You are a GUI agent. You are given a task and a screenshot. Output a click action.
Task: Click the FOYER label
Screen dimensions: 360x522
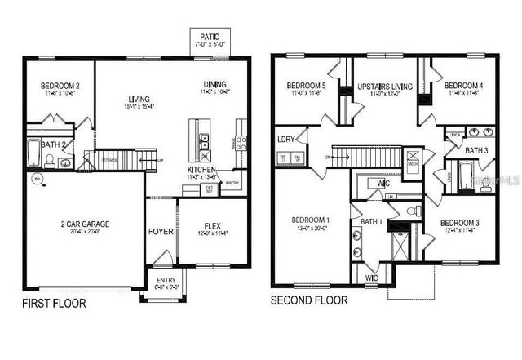[161, 232]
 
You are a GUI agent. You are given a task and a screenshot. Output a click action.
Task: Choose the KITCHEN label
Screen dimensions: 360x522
[201, 170]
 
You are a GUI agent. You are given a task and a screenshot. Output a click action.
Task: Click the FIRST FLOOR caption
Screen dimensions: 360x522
[53, 304]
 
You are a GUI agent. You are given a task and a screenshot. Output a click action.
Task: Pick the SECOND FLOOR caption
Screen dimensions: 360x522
[309, 300]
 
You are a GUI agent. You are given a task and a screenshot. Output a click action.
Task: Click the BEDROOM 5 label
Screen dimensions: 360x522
[307, 86]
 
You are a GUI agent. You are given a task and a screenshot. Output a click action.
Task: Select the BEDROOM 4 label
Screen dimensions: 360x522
[463, 85]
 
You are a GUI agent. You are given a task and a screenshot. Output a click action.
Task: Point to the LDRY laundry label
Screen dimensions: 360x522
[285, 139]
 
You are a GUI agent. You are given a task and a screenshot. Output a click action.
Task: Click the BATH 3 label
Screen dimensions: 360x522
[477, 150]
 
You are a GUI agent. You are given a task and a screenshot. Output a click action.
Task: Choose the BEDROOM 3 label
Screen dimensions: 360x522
[460, 223]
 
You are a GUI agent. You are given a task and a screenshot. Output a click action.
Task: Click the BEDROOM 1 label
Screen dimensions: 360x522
[311, 220]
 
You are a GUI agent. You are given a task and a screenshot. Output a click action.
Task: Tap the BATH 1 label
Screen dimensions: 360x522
[371, 221]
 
